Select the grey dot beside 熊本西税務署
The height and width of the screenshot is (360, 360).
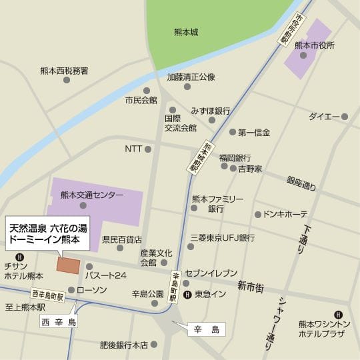[x=66, y=80]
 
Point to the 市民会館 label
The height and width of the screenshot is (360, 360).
[x=141, y=100]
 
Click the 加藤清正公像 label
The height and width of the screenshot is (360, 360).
[x=191, y=77]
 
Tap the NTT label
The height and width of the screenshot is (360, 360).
[x=133, y=149]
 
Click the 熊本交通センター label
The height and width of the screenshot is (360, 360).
[x=91, y=195]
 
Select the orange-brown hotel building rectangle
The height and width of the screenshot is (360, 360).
[x=67, y=264]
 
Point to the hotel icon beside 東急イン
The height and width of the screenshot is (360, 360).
[x=187, y=293]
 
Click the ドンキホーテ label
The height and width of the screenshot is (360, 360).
[x=285, y=215]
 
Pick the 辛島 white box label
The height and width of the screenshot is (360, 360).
[x=206, y=329]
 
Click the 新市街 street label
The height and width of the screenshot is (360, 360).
[x=251, y=287]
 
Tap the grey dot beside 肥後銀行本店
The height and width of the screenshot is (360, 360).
[x=154, y=345]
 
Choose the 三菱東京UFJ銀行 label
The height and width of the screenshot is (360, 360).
[x=223, y=237]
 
